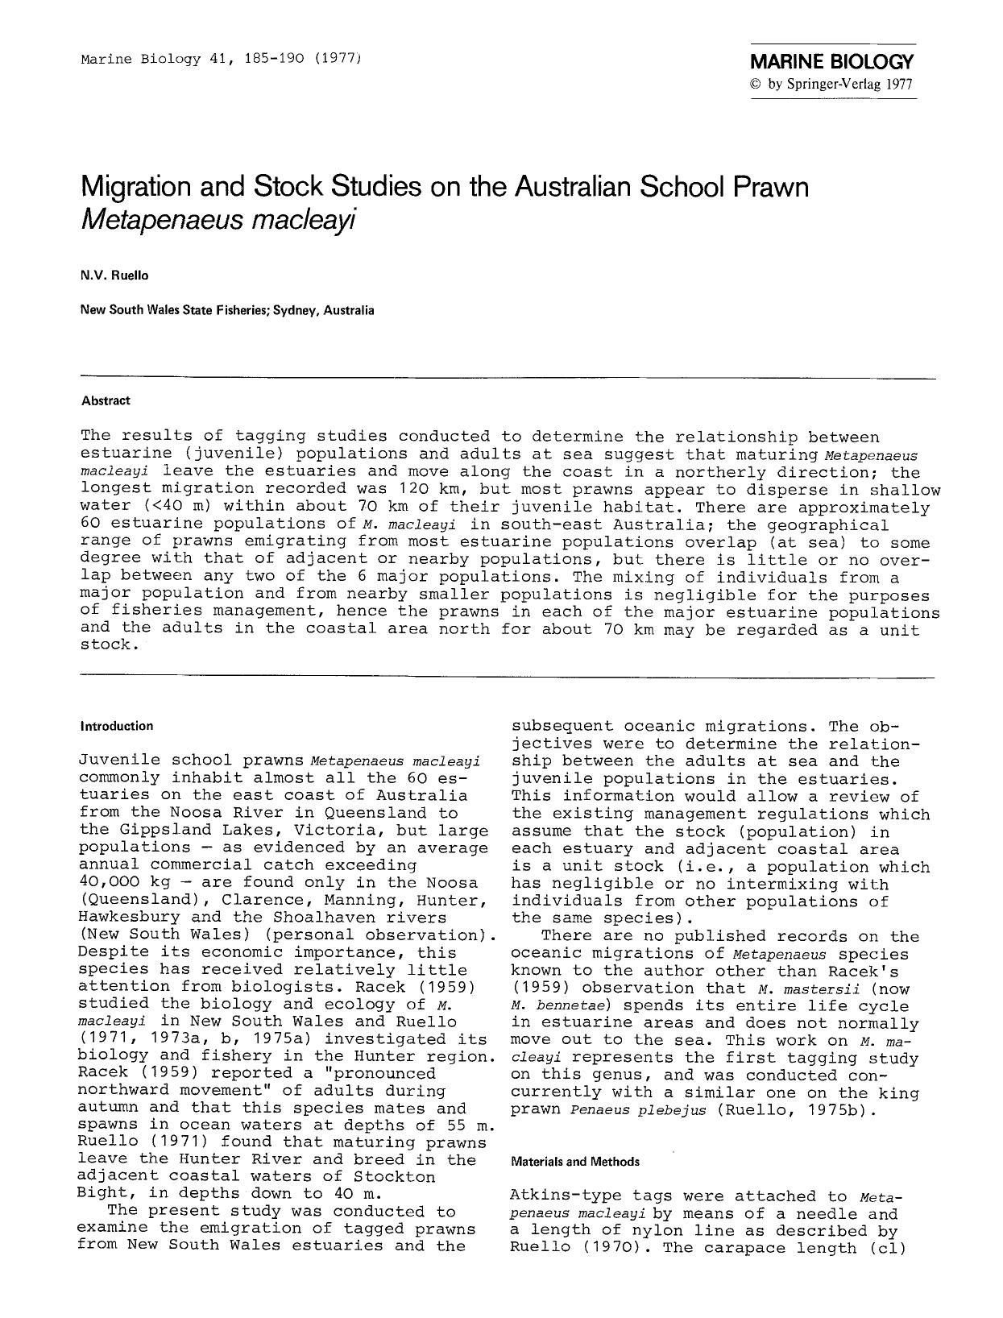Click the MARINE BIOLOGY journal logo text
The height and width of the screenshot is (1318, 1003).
832,62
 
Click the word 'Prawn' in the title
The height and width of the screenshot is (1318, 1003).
769,187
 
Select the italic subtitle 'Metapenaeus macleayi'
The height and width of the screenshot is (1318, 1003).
219,219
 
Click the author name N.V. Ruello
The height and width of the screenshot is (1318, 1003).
114,276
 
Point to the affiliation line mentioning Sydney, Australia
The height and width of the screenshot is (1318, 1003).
227,309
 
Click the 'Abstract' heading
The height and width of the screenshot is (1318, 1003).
106,400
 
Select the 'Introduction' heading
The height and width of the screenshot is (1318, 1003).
117,726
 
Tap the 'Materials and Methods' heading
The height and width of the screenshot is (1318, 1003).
575,1162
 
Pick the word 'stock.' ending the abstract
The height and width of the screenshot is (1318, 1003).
106,646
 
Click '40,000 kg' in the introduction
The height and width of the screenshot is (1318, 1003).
123,882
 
